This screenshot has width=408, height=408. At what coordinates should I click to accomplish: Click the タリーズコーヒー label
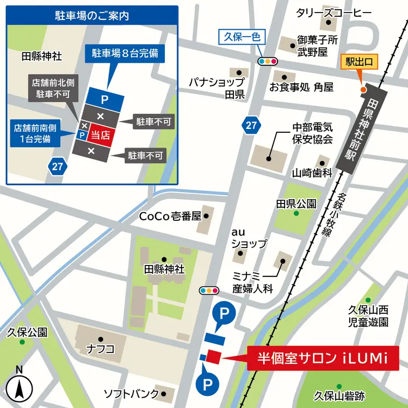333,12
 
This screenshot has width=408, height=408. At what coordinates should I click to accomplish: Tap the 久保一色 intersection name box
242,38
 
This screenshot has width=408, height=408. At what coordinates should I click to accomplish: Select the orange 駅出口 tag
359,63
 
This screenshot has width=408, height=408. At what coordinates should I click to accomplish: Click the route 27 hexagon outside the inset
250,126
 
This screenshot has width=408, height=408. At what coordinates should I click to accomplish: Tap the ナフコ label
101,349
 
